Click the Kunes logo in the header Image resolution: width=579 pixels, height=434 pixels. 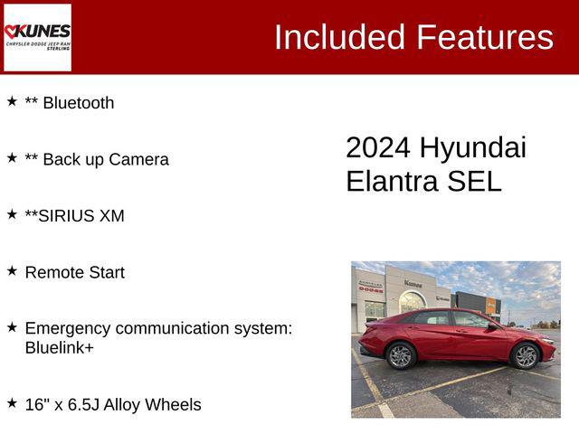[37, 37]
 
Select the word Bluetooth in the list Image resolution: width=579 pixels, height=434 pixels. [79, 103]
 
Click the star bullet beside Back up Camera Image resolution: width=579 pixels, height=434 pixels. [12, 157]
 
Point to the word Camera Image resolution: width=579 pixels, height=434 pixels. [138, 160]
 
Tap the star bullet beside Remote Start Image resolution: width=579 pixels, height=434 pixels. [12, 270]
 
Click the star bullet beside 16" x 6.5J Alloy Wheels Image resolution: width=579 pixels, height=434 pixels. [12, 402]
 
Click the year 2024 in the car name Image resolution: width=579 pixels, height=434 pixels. [378, 148]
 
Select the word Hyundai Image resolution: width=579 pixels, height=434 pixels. [473, 148]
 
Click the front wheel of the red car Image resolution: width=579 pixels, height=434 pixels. [526, 355]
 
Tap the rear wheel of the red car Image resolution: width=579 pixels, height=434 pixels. [401, 355]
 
